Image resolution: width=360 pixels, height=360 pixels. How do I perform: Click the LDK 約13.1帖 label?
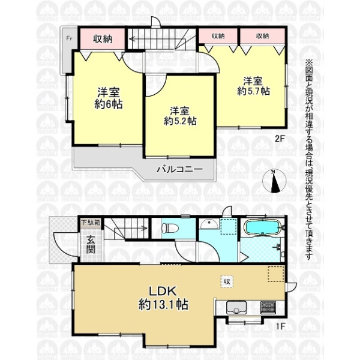[x=163, y=298]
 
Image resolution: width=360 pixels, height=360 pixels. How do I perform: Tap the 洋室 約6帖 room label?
[x=109, y=98]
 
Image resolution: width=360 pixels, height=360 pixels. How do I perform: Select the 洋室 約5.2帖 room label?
[x=180, y=116]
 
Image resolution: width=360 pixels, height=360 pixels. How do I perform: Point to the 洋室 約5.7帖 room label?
[x=253, y=86]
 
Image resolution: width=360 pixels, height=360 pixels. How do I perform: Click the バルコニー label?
[x=179, y=169]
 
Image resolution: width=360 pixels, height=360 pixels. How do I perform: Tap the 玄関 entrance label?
[x=91, y=245]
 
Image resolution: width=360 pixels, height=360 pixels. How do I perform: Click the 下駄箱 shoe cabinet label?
[x=91, y=223]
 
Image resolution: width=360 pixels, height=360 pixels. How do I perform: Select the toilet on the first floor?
[x=170, y=228]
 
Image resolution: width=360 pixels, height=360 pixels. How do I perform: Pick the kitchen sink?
[x=236, y=307]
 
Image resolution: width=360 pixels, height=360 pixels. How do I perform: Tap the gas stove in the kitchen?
[x=268, y=307]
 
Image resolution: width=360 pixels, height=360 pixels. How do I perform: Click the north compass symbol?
[x=274, y=181]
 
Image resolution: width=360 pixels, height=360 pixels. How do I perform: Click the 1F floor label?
[x=280, y=326]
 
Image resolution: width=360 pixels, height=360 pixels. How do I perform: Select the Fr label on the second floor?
[x=69, y=38]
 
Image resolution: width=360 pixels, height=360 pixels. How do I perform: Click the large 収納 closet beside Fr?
[x=103, y=38]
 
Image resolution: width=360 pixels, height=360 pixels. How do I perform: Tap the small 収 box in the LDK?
[x=227, y=281]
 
